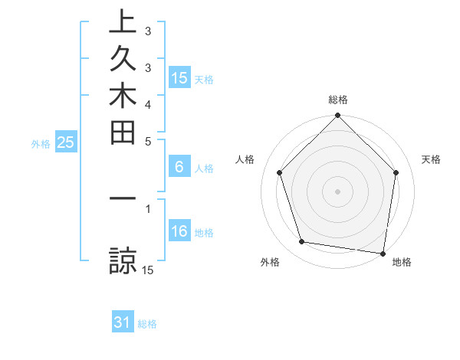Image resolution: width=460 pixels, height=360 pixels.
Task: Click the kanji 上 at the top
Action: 122,21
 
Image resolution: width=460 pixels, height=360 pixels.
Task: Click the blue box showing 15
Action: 179,77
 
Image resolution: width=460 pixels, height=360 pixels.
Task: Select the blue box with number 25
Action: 65,142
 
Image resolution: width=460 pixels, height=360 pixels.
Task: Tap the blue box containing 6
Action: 179,167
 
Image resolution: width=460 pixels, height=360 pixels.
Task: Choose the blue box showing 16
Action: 179,231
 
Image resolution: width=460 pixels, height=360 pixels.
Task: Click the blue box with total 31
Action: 123,322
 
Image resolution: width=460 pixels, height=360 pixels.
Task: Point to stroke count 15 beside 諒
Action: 148,270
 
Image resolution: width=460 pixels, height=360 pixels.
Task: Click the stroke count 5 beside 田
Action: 148,140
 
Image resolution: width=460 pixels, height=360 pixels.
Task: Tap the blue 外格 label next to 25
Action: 41,143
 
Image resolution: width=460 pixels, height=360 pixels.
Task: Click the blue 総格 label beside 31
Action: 147,324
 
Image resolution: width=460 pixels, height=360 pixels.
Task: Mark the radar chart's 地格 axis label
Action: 402,263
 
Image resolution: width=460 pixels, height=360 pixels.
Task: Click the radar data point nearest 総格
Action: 337,116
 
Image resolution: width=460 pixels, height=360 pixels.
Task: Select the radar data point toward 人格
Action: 279,172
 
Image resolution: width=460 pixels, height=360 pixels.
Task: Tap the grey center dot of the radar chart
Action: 337,191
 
